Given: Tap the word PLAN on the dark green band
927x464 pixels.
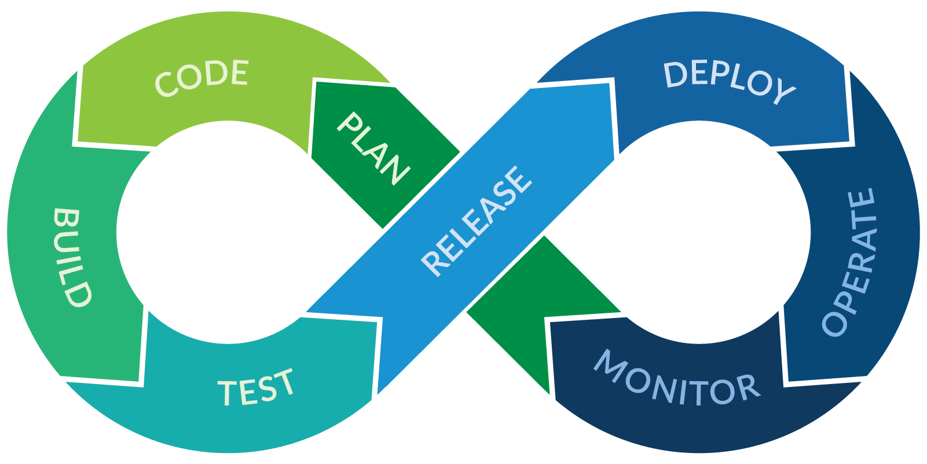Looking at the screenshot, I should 373,149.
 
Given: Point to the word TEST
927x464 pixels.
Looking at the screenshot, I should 256,388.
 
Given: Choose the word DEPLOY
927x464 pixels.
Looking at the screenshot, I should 728,82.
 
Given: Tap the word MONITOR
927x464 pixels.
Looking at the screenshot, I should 676,379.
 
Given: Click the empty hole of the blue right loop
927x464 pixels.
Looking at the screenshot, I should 698,232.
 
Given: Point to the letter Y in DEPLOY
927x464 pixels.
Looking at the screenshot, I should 783,93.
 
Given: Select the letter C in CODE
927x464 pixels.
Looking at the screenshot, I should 166,85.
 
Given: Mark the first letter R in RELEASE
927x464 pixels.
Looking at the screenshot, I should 433,263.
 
